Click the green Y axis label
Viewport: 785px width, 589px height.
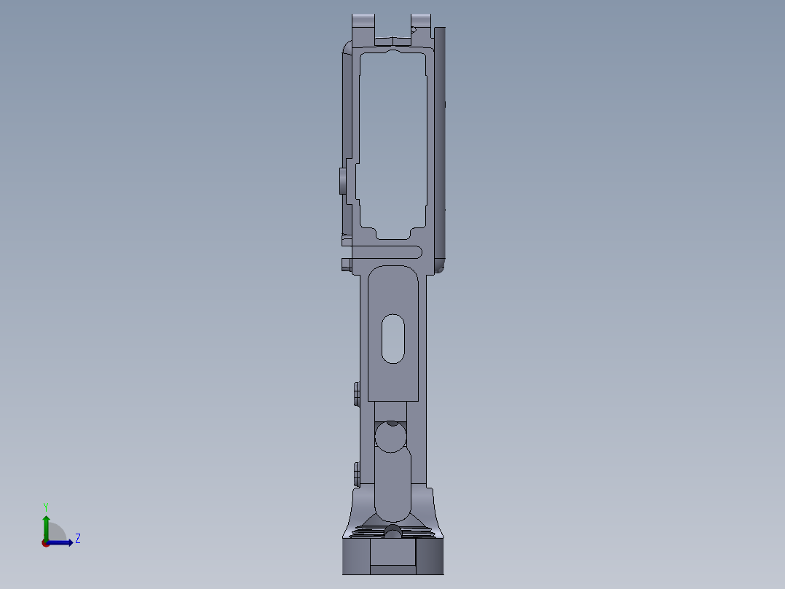[45, 506]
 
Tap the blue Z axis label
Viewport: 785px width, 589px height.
[77, 539]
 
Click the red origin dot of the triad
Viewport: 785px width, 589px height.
[45, 543]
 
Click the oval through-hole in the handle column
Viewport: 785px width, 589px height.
[392, 339]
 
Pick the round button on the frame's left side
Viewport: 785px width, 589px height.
[342, 181]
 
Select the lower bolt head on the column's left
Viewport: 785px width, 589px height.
[355, 475]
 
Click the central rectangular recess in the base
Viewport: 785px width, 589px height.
[392, 557]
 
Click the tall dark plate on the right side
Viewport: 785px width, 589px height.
[439, 146]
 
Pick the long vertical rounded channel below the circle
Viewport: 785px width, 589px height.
[392, 485]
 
